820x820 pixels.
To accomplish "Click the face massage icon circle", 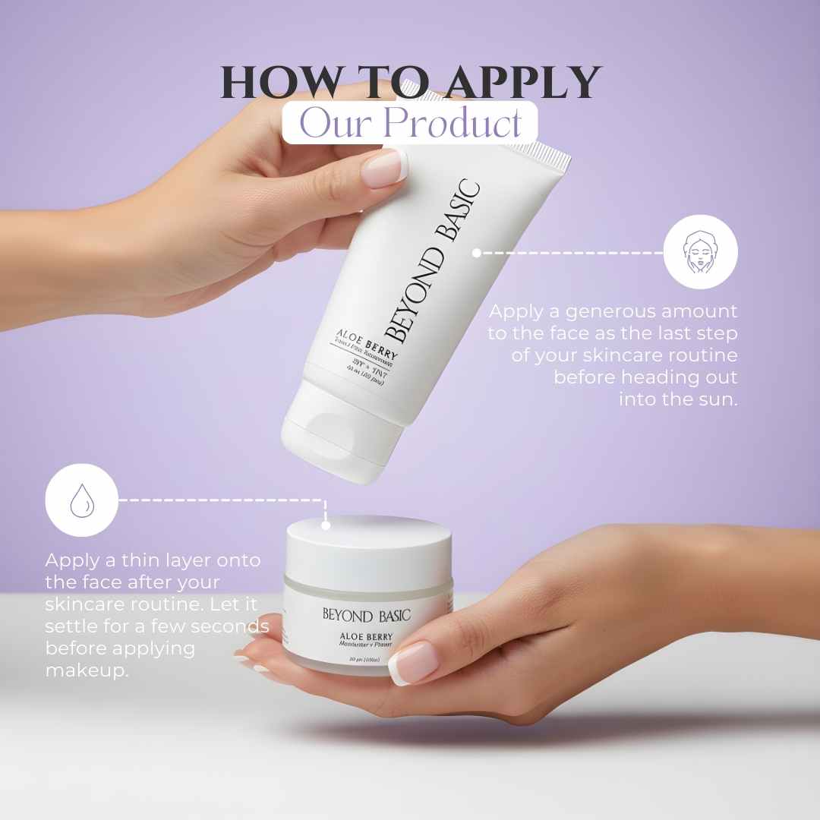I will coord(700,252).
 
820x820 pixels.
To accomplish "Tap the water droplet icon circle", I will coord(81,501).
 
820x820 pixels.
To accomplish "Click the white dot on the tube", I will coord(476,253).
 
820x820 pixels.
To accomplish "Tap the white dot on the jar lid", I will coord(325,524).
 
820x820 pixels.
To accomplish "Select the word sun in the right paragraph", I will coord(719,399).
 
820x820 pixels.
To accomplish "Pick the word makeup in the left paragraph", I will coord(86,671).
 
